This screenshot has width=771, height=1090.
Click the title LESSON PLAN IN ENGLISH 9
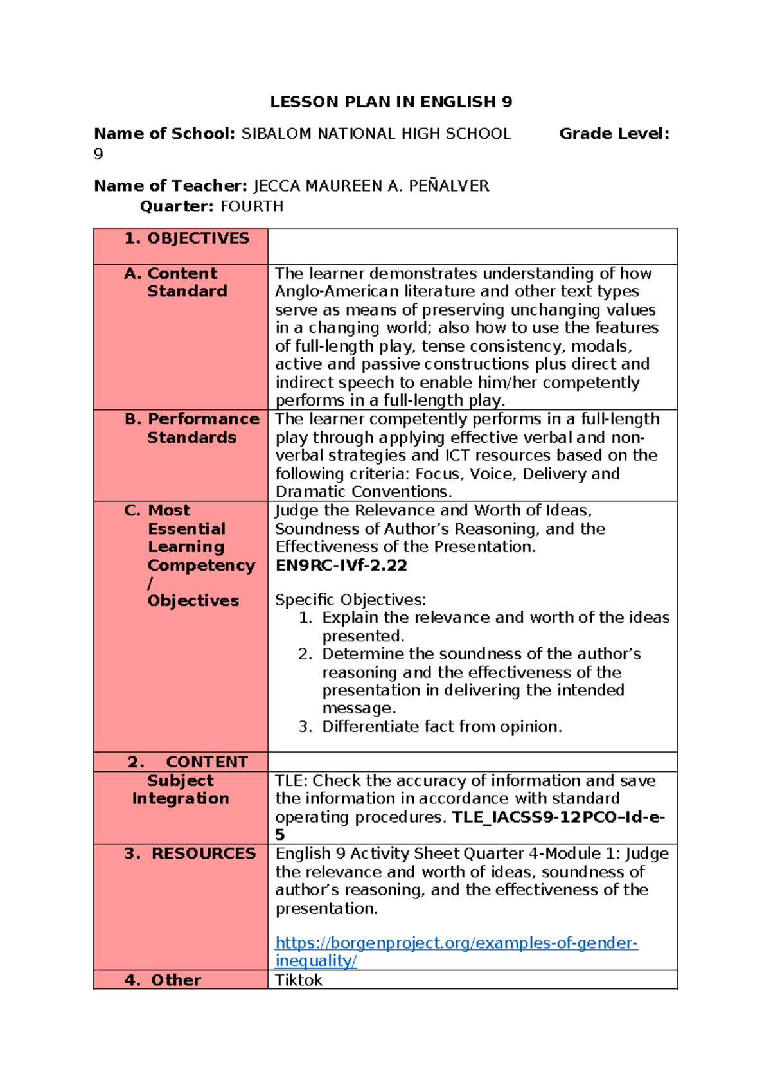click(x=391, y=102)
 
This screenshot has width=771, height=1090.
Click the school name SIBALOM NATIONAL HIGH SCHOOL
click(x=376, y=134)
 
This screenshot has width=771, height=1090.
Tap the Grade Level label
click(x=614, y=134)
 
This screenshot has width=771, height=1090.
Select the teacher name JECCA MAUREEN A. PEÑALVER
click(x=371, y=186)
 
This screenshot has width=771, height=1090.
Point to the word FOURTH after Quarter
click(x=252, y=207)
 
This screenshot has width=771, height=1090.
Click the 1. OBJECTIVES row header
click(x=187, y=238)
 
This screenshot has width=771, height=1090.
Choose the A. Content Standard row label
click(x=176, y=282)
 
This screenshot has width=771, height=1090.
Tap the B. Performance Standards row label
click(x=192, y=428)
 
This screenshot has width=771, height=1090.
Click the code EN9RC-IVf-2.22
click(x=341, y=566)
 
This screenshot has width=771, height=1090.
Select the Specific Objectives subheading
click(x=350, y=600)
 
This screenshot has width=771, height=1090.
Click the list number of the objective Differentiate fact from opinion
click(x=305, y=727)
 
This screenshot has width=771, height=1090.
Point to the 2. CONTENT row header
click(x=188, y=762)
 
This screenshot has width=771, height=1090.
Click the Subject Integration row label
click(x=181, y=789)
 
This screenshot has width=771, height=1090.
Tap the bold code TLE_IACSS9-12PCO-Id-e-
click(x=558, y=817)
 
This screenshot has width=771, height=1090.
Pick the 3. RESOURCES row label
click(x=190, y=853)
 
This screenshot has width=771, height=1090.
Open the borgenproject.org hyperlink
click(x=456, y=943)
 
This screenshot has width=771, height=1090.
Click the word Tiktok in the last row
click(x=299, y=980)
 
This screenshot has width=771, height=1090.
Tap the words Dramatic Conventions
click(x=363, y=492)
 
